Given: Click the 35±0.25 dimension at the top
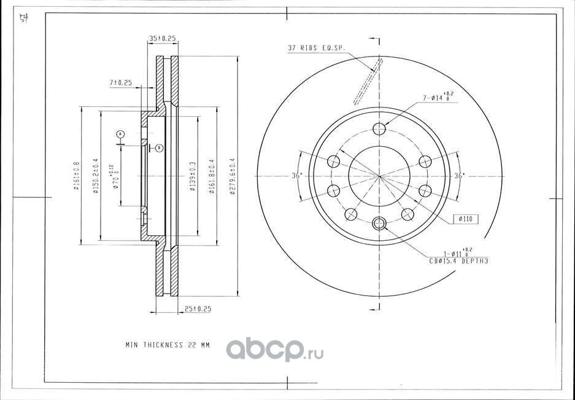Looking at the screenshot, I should (x=162, y=39).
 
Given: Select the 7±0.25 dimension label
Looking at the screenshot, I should (x=121, y=82).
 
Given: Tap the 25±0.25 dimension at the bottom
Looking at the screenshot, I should (x=198, y=309).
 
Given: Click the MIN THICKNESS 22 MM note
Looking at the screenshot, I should (x=167, y=345).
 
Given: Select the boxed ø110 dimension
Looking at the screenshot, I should (x=465, y=219).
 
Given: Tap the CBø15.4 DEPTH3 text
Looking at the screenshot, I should (x=459, y=261).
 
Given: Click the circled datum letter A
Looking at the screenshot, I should (x=121, y=133).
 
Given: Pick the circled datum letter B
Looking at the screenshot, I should (x=158, y=147).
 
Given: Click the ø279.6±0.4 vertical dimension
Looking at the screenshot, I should (x=233, y=176).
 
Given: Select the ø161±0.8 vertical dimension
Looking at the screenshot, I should (x=77, y=176).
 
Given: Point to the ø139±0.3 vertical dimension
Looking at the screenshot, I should (x=192, y=176).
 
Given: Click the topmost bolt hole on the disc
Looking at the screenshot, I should (x=380, y=128).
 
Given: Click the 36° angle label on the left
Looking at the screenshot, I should (x=296, y=176).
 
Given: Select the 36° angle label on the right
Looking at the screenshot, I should (x=458, y=176).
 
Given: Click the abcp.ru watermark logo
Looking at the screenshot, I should (x=274, y=350).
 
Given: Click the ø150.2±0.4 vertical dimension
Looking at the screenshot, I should (x=96, y=176).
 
